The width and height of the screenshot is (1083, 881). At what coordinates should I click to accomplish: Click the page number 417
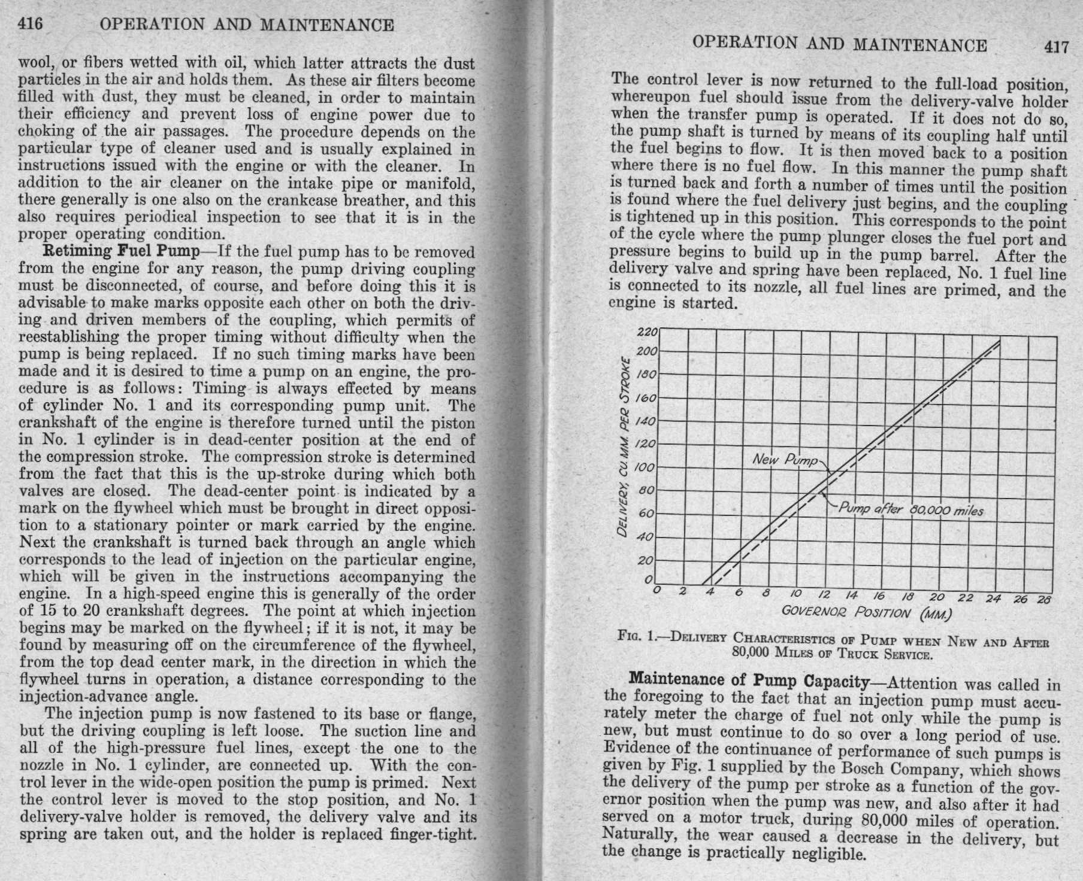pos(1055,47)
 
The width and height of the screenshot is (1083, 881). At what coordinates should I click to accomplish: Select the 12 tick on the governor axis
pos(824,594)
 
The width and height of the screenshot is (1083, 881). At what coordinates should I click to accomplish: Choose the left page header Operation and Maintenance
pos(247,25)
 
